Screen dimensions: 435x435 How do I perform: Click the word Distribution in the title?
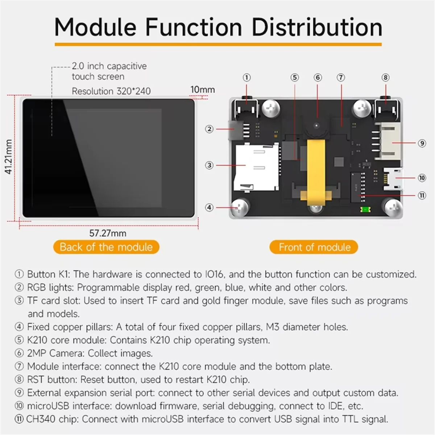click(x=317, y=27)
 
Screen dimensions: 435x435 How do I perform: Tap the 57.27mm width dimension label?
click(x=108, y=233)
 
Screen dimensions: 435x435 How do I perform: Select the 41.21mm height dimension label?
click(x=9, y=157)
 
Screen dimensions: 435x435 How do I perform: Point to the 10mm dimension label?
click(x=202, y=89)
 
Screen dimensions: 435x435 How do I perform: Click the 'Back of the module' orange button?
click(x=106, y=247)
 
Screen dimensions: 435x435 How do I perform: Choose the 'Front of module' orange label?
click(x=314, y=247)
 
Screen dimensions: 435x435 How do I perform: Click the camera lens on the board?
click(x=317, y=126)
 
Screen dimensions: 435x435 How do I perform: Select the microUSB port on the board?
click(x=393, y=178)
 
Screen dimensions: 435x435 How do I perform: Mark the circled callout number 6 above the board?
click(x=318, y=78)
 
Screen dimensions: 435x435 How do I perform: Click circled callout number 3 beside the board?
click(x=209, y=165)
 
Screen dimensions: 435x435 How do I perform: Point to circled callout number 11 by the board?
click(x=422, y=195)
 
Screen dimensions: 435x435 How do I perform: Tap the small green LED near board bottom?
click(x=364, y=209)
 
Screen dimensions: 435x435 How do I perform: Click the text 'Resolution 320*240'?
click(x=111, y=91)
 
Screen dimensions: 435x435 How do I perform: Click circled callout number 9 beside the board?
click(x=422, y=143)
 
